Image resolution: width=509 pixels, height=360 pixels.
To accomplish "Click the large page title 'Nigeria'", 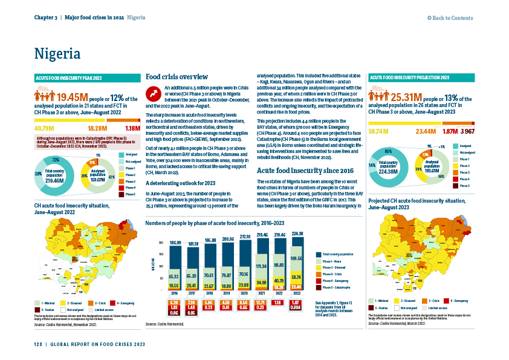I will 57,53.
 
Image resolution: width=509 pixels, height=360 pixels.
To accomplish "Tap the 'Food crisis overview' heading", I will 177,77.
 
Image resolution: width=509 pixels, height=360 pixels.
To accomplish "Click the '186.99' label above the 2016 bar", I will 173,242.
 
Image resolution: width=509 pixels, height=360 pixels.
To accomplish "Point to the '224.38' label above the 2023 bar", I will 299,234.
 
